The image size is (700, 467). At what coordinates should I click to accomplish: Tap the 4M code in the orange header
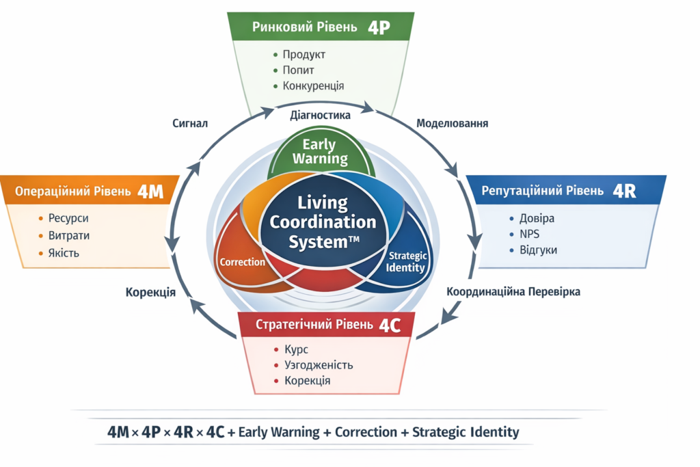click(150, 191)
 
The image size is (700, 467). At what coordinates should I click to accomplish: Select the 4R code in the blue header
click(625, 191)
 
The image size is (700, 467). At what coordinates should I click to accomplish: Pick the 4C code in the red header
click(389, 325)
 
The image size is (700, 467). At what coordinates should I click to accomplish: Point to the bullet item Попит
click(298, 70)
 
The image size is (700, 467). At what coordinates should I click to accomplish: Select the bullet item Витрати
click(68, 235)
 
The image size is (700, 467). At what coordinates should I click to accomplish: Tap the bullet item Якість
click(64, 252)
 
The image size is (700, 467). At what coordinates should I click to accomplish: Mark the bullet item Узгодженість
click(318, 364)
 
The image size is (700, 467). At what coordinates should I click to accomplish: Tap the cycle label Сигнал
click(190, 124)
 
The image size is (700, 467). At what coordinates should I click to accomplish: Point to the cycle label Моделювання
click(452, 124)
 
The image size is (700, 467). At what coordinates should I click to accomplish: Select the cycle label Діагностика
click(321, 115)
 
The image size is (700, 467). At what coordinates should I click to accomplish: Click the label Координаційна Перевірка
click(513, 291)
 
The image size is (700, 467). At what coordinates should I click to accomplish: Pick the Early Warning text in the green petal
click(320, 152)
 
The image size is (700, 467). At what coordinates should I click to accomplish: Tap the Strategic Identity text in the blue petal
click(407, 261)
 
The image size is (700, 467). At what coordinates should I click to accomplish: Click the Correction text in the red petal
click(242, 262)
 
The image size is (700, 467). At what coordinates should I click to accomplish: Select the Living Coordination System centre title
click(323, 222)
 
